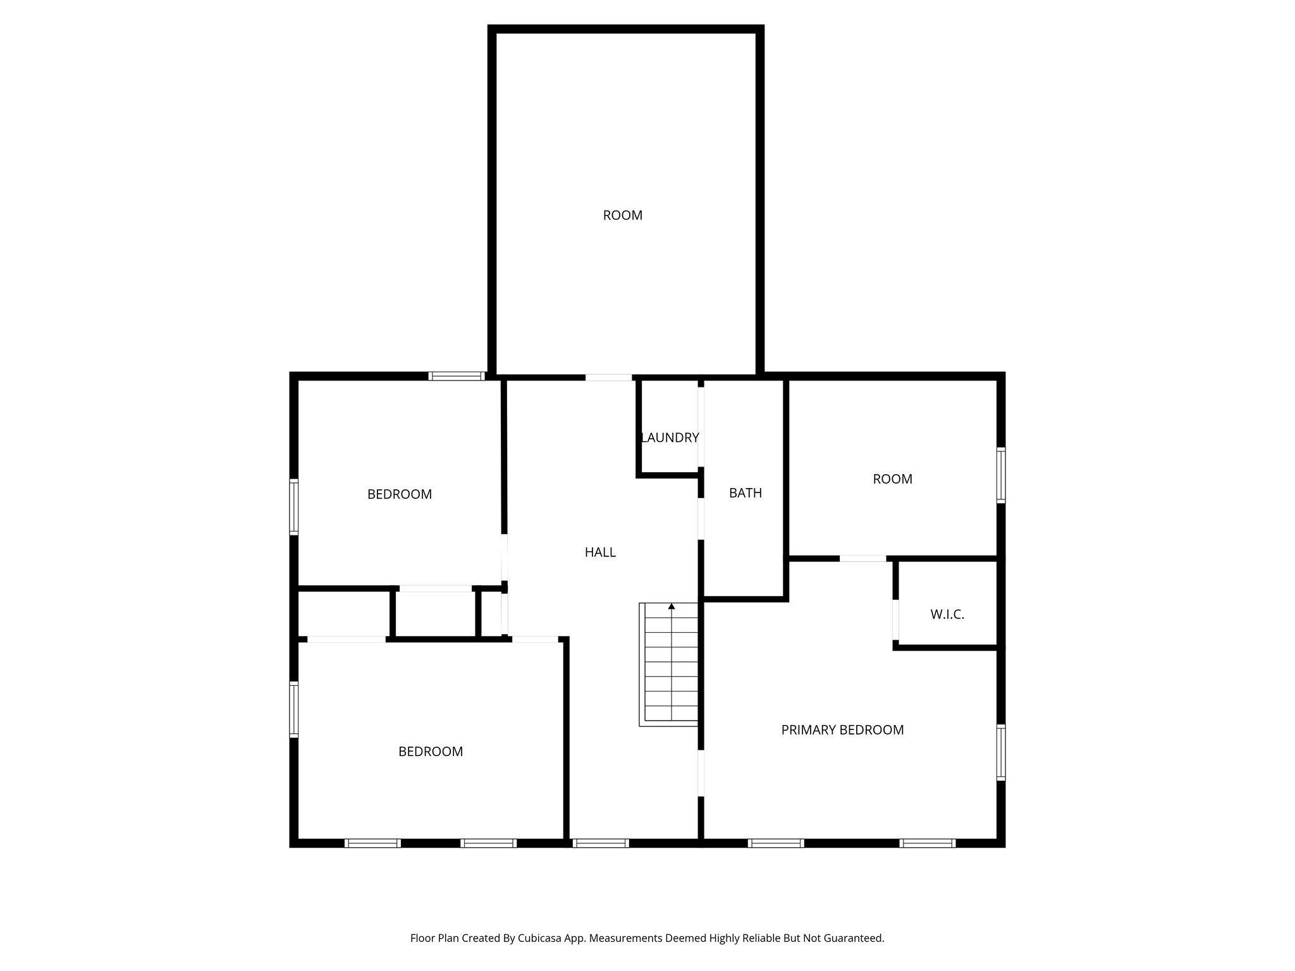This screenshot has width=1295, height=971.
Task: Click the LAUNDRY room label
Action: click(670, 437)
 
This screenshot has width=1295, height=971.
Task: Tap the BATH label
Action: click(745, 493)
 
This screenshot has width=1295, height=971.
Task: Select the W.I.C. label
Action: click(947, 614)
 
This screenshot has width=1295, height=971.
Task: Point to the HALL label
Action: click(599, 553)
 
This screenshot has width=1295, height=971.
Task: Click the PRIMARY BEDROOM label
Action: click(842, 730)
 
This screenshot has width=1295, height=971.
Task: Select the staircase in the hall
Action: click(670, 664)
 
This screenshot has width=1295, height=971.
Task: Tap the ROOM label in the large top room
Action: click(622, 216)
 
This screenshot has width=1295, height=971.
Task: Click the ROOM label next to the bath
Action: click(892, 479)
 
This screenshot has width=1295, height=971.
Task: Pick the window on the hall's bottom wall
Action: click(600, 843)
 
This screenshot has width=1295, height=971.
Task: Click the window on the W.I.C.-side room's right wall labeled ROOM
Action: click(1001, 475)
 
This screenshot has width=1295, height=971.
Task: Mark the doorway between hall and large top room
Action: click(608, 377)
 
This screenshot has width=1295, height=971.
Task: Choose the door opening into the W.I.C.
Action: click(895, 620)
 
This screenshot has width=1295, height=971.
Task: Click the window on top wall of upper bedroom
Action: click(457, 376)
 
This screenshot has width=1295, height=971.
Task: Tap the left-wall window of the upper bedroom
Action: click(294, 507)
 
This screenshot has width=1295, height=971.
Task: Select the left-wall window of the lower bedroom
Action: click(294, 709)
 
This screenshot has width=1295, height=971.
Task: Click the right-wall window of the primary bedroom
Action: click(1001, 752)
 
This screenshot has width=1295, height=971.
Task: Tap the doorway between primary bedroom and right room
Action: click(862, 558)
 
